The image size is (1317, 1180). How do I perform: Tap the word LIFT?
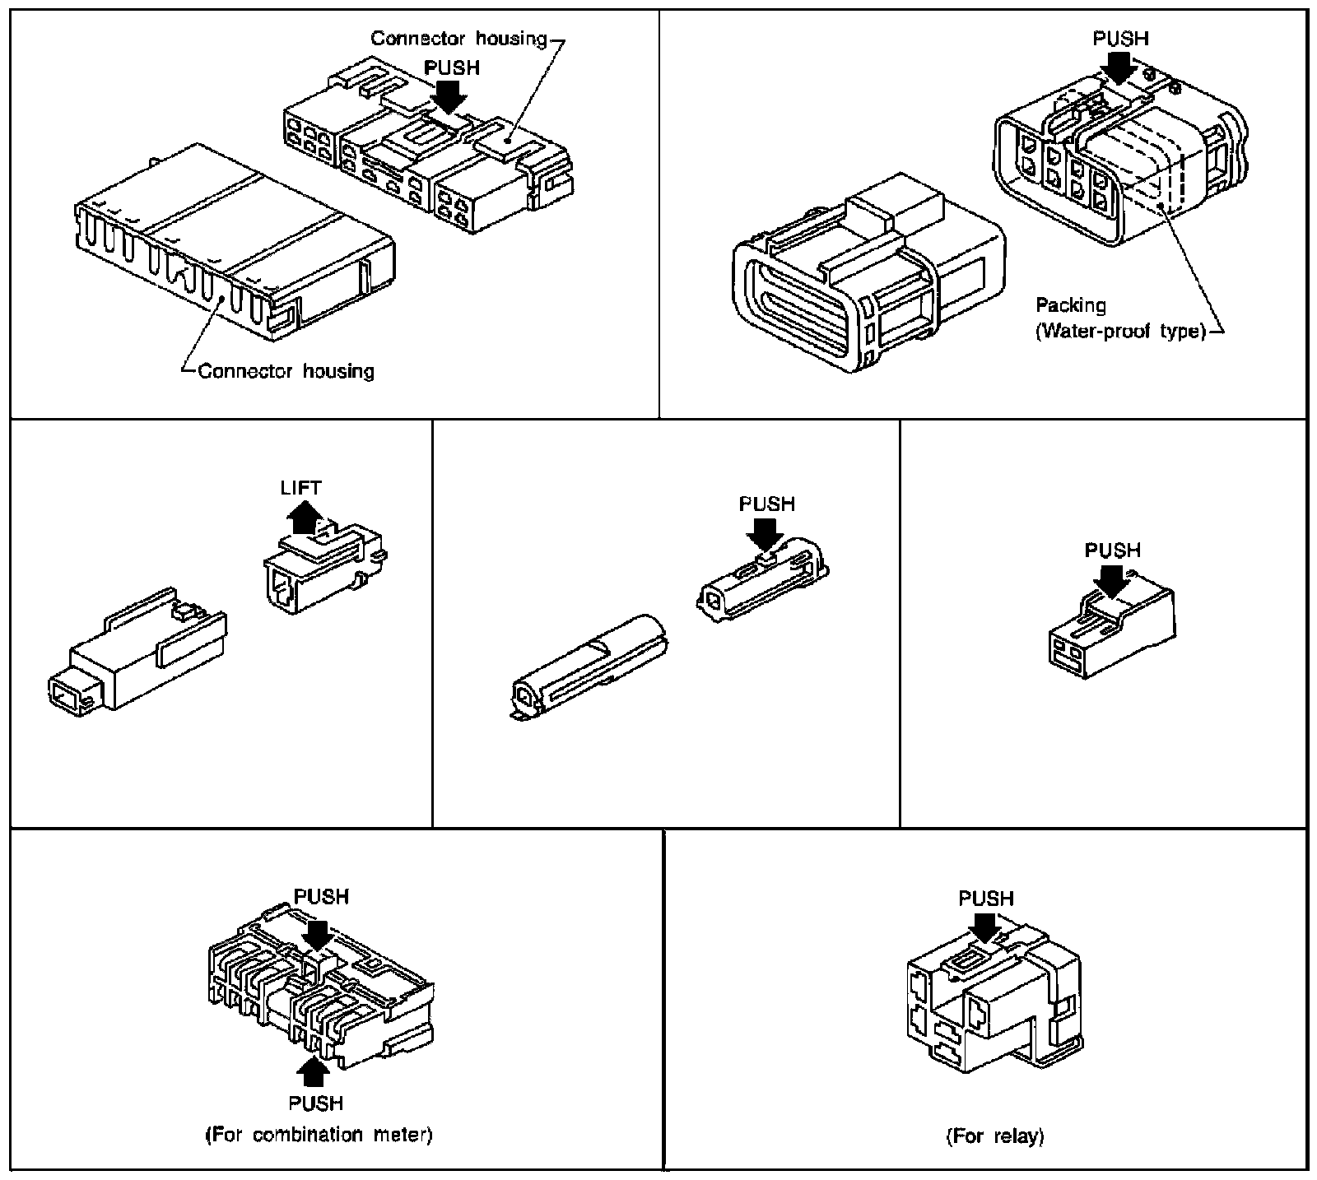coord(300,487)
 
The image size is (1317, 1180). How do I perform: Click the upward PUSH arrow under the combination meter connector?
coord(314,1072)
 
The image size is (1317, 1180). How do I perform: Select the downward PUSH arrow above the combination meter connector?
coord(318,931)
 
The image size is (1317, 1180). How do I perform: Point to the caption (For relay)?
coord(995,1136)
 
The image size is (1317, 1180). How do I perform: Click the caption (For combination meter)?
coord(319,1135)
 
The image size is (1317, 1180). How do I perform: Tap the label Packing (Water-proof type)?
coord(1119,318)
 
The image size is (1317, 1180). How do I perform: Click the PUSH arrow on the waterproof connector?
coord(1121,67)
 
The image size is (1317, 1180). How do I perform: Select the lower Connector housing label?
coord(286,371)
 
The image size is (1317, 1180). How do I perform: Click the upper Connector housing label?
coord(458,38)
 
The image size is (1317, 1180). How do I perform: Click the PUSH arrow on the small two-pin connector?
coord(1112,580)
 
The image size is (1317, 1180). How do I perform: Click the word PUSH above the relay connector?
coord(985,899)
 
